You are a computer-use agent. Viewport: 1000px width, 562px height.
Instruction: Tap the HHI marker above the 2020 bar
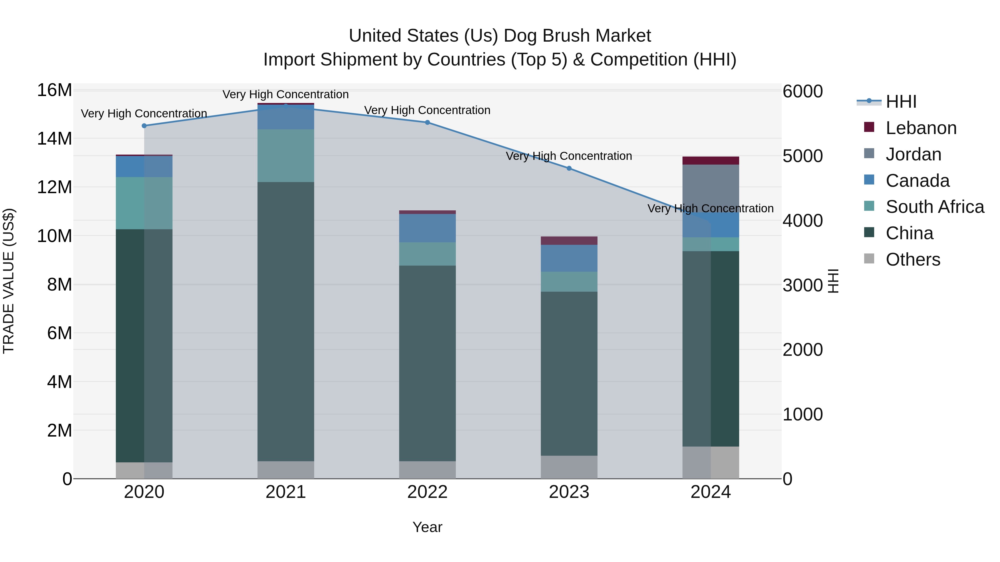tap(144, 126)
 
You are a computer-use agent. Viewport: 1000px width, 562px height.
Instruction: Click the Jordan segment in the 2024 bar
tap(710, 188)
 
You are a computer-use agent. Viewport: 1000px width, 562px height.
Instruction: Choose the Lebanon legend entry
tap(921, 128)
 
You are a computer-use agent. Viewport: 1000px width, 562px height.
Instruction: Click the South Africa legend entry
tap(934, 207)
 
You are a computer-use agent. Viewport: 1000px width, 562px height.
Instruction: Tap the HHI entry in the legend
tap(901, 102)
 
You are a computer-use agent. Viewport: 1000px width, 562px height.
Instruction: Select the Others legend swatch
tap(869, 259)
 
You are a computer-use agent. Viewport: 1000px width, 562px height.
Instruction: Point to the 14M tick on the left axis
tap(54, 138)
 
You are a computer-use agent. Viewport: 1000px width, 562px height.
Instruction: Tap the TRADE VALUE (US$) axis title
tap(9, 281)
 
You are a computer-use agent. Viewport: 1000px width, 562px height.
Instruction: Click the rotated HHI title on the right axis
tap(833, 281)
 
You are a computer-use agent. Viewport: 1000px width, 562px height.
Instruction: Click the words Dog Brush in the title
tap(551, 36)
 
